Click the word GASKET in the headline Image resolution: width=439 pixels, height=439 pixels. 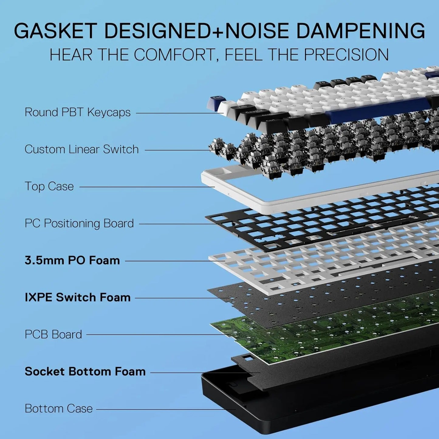tap(56, 31)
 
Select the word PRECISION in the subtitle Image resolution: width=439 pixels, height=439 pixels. tap(346, 55)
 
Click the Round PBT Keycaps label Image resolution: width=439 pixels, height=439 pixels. tap(77, 112)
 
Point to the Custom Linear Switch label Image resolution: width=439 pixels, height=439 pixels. tap(81, 149)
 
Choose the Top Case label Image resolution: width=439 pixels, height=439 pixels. tap(49, 187)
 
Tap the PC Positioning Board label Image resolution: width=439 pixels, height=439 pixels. tap(79, 224)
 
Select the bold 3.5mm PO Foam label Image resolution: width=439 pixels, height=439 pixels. tap(72, 261)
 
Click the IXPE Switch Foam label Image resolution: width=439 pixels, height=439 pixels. tap(77, 298)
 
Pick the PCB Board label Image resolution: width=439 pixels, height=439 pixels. tap(53, 335)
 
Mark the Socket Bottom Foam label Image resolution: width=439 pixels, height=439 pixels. tap(85, 372)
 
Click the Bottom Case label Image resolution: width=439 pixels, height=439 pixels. tap(59, 409)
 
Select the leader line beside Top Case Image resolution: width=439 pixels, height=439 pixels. tap(146, 187)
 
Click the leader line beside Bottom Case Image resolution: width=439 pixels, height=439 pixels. tap(164, 409)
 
